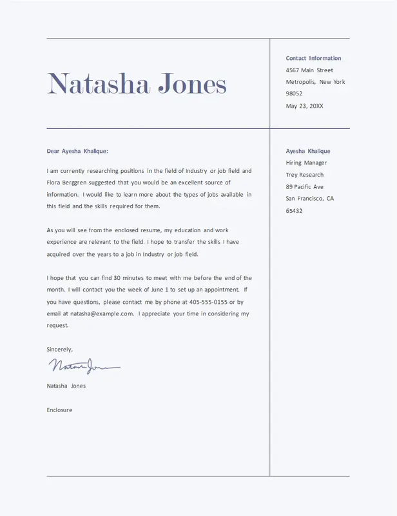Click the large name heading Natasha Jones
point(137,84)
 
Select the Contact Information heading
point(313,58)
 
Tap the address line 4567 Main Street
point(309,70)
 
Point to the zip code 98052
point(294,94)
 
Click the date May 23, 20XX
point(304,106)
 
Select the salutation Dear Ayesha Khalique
point(77,152)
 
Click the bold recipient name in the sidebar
point(308,151)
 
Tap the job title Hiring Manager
point(306,163)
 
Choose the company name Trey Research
point(305,175)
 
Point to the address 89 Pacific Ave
point(305,187)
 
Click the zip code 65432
point(294,211)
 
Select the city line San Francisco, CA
point(310,199)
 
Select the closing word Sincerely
point(59,349)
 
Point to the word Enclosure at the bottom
point(59,410)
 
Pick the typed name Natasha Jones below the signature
point(66,386)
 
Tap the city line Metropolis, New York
point(315,82)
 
